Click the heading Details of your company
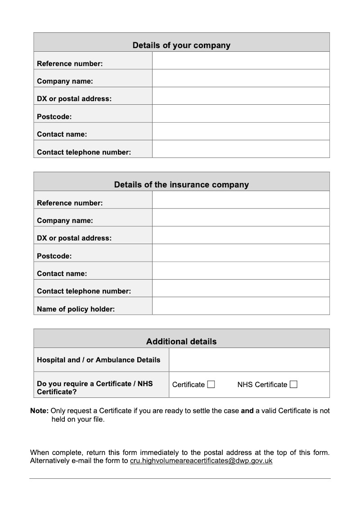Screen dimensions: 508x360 181,45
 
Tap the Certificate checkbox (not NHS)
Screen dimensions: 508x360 211,384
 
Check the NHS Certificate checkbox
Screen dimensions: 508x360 293,384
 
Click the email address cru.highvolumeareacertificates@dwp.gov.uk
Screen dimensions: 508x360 201,461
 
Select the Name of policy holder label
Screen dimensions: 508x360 76,309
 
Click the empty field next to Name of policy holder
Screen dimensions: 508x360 241,306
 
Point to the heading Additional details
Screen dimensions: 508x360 181,342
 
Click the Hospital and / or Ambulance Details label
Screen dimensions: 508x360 99,360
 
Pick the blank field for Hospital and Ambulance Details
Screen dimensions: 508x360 249,360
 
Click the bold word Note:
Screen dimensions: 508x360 39,410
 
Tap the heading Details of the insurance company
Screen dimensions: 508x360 181,185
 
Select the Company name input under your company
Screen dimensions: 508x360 241,78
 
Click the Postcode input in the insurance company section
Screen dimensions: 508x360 241,253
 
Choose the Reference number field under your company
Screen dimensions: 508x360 241,61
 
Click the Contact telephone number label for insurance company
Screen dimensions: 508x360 84,291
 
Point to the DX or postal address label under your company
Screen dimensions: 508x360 74,99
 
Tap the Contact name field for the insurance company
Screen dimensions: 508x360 241,271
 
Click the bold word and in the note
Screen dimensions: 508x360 247,410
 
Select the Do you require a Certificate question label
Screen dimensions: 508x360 94,388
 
